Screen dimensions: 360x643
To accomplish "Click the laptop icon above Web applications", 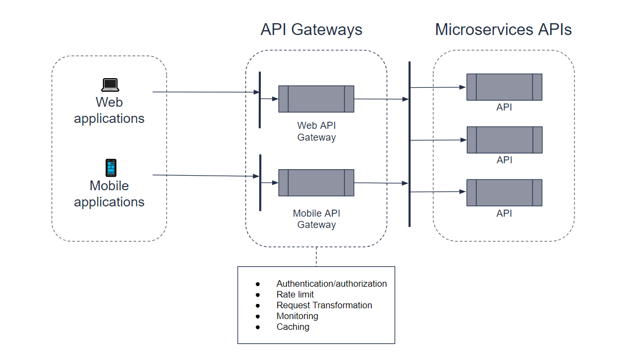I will (x=110, y=85).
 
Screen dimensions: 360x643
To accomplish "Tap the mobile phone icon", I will (x=110, y=168).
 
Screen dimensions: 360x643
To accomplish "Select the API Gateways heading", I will (x=311, y=29).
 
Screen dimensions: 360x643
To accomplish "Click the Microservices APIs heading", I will (x=503, y=29).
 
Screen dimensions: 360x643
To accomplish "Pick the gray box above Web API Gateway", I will (x=316, y=99).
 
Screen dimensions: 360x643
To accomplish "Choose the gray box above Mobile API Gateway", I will (x=316, y=183).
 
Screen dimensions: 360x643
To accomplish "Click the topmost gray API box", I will (x=504, y=87).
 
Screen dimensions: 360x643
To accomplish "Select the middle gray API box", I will (x=504, y=140).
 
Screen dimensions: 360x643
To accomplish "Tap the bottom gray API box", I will (x=504, y=192).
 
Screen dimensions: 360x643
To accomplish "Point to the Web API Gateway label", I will (x=316, y=131).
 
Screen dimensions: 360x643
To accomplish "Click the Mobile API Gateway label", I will (x=316, y=219).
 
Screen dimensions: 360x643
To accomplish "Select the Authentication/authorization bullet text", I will (x=331, y=283).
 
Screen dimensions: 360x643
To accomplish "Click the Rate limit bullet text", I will (x=295, y=294).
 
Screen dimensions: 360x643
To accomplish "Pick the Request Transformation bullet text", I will (x=324, y=305).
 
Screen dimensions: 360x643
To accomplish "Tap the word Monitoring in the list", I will (x=297, y=316).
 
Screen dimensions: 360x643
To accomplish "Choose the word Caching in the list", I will (x=293, y=327).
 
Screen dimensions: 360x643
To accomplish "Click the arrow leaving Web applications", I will (x=205, y=92).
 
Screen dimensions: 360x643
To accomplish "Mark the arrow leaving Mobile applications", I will (x=205, y=176).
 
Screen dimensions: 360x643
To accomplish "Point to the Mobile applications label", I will (x=109, y=194).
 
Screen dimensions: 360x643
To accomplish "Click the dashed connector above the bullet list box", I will (x=316, y=257).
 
